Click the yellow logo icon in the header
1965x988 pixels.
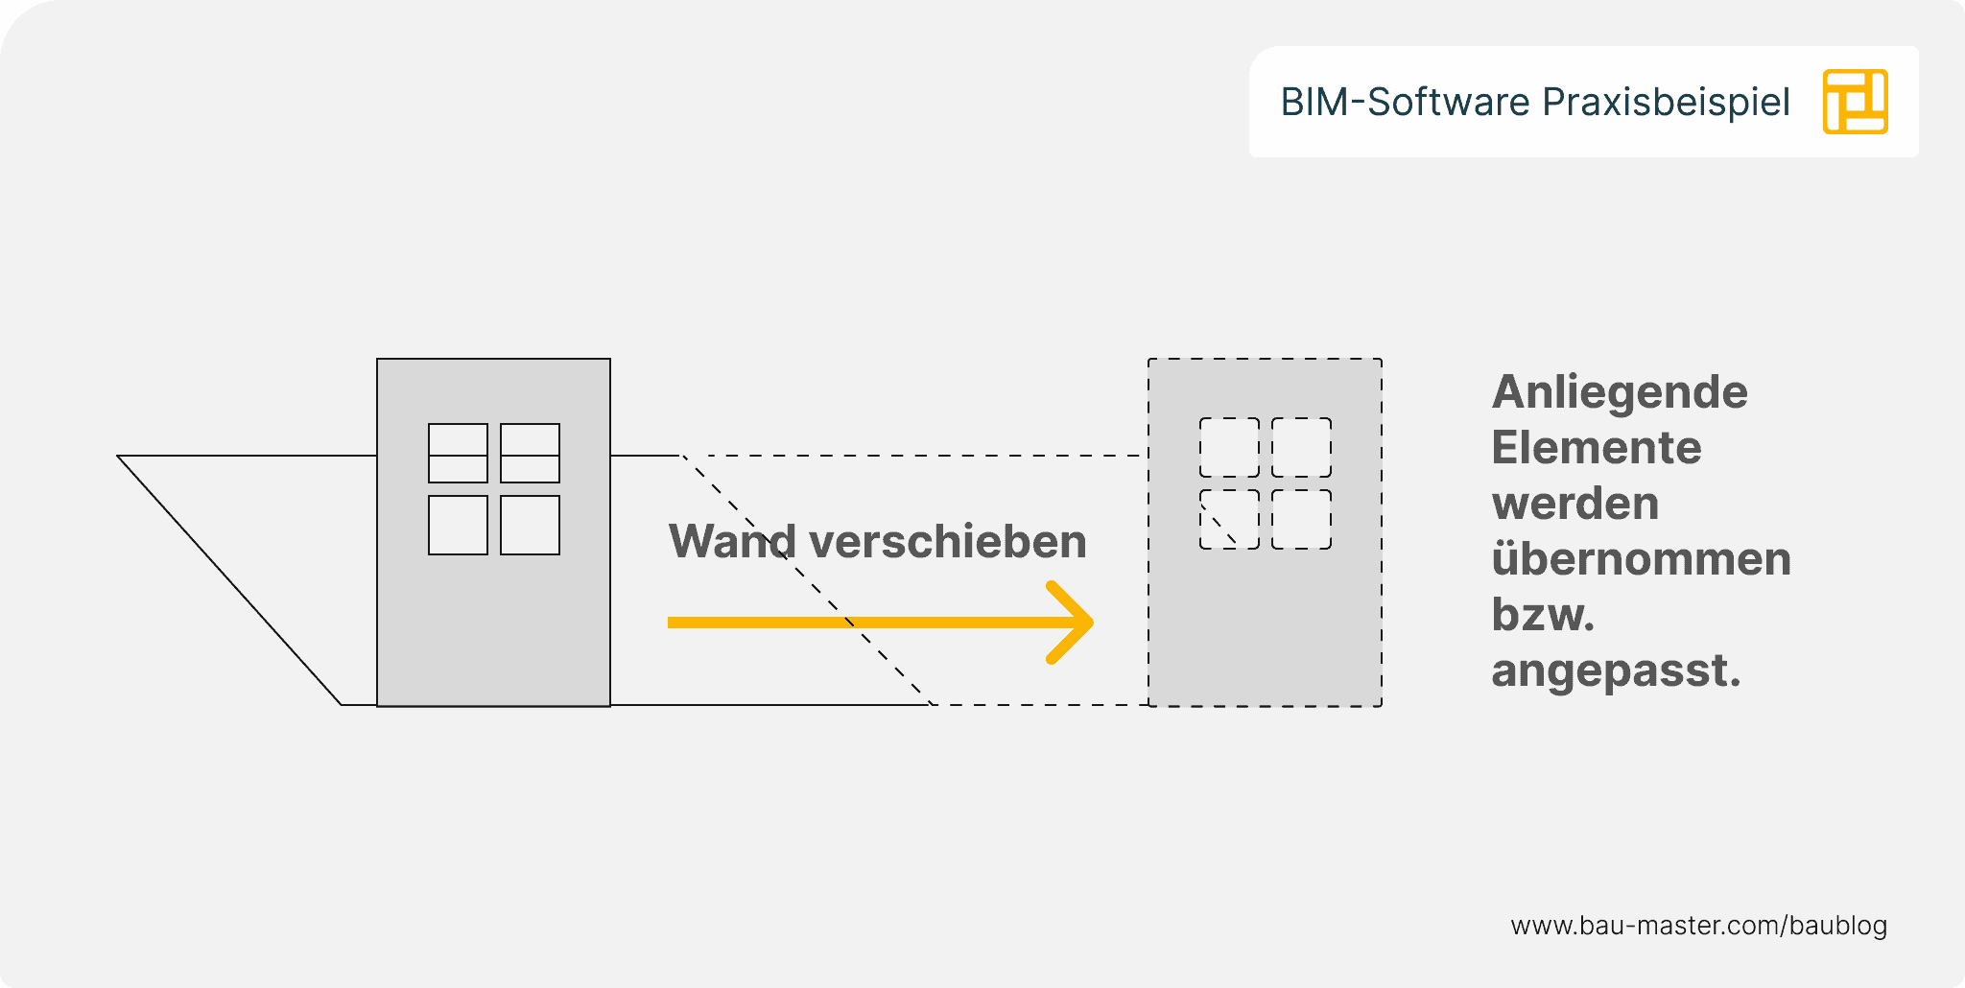(x=1855, y=102)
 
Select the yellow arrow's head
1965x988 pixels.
(x=1073, y=623)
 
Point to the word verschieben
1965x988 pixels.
(x=948, y=542)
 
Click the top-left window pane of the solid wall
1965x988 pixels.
(x=458, y=453)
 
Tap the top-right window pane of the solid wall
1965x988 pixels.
(x=530, y=453)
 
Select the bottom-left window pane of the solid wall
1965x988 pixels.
(x=458, y=525)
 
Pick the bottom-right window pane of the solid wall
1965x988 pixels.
(x=530, y=525)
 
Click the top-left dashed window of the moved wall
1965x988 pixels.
(x=1229, y=447)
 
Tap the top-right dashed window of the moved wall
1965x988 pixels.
(x=1301, y=447)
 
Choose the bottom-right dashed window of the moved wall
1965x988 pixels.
(x=1301, y=519)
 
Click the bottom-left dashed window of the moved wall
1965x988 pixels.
(x=1229, y=519)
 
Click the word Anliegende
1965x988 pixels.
(x=1620, y=393)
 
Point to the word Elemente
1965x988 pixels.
(x=1597, y=448)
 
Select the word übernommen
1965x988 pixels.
(x=1641, y=559)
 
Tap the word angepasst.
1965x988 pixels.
(x=1615, y=670)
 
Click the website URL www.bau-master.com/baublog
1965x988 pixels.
(x=1698, y=926)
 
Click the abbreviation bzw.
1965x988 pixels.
(x=1542, y=615)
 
